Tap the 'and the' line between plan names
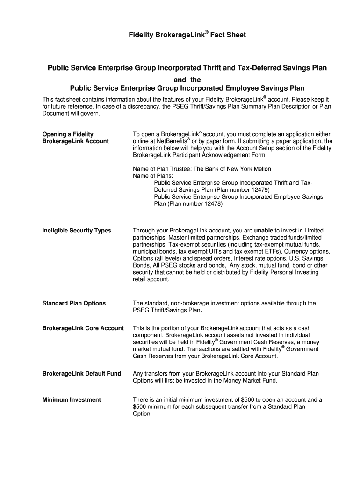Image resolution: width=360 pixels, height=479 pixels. click(x=187, y=80)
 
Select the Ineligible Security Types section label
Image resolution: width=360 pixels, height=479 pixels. click(x=77, y=231)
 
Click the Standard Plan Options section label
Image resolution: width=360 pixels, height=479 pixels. click(x=74, y=303)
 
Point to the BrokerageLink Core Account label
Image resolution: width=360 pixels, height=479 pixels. click(x=83, y=328)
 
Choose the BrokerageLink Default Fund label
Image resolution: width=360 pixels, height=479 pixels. click(x=81, y=373)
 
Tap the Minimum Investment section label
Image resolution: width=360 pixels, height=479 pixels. click(x=71, y=400)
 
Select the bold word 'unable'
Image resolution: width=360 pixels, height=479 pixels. click(x=263, y=231)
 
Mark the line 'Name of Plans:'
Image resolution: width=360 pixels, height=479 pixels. click(x=153, y=176)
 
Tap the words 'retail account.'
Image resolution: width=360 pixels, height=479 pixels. click(x=151, y=279)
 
